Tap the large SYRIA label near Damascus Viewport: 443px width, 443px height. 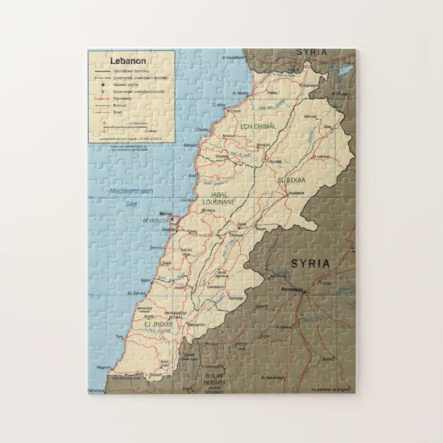point(310,263)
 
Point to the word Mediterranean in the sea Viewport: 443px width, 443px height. point(130,191)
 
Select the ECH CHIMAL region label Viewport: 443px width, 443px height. point(258,127)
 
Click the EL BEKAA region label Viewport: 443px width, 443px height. point(290,180)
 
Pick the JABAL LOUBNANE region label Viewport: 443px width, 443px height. point(219,199)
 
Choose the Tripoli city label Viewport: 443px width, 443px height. point(235,111)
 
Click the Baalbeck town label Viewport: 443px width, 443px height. point(296,193)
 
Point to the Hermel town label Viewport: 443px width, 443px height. point(311,116)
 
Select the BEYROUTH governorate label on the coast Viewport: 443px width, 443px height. point(154,220)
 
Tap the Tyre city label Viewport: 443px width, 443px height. point(119,337)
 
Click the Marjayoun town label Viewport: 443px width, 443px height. point(195,324)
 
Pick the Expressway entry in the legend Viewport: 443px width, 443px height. point(122,98)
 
